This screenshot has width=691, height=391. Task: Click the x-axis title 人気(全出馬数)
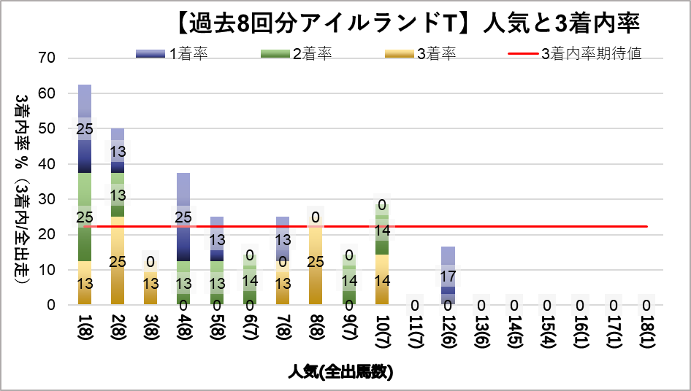[340, 372]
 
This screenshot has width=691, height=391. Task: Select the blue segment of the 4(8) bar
[183, 217]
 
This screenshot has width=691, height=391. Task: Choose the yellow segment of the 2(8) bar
[118, 260]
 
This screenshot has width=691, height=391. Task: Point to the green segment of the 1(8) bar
[85, 217]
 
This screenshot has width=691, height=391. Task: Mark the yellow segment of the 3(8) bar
[151, 282]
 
